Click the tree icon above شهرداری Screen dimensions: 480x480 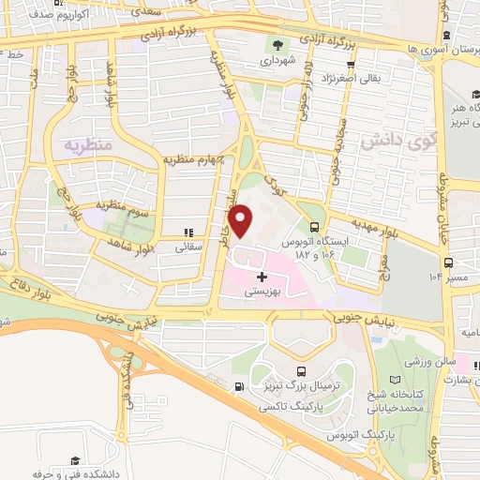277,44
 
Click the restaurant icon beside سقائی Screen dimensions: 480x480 187,232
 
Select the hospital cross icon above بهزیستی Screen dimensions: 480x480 262,277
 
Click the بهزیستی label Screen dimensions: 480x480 262,292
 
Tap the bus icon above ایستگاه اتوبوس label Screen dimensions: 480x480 314,226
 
